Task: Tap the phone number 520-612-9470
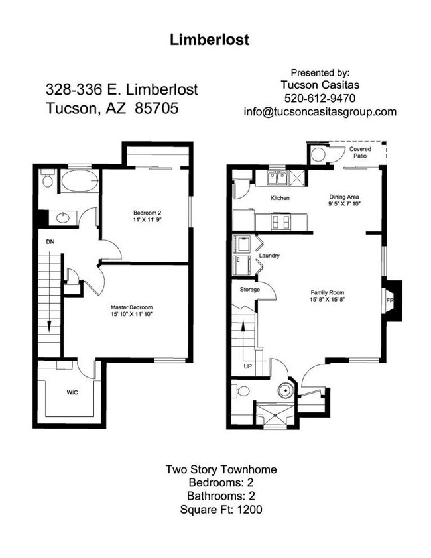click(320, 98)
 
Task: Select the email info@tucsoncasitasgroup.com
click(320, 112)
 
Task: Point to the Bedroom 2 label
click(145, 213)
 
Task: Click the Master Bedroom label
click(132, 307)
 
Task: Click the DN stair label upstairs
click(50, 242)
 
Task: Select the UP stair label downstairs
click(247, 366)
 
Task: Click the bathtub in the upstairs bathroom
click(79, 180)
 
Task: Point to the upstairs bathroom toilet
click(46, 180)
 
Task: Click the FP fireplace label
click(390, 300)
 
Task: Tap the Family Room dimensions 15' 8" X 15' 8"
click(328, 300)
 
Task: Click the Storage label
click(249, 290)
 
